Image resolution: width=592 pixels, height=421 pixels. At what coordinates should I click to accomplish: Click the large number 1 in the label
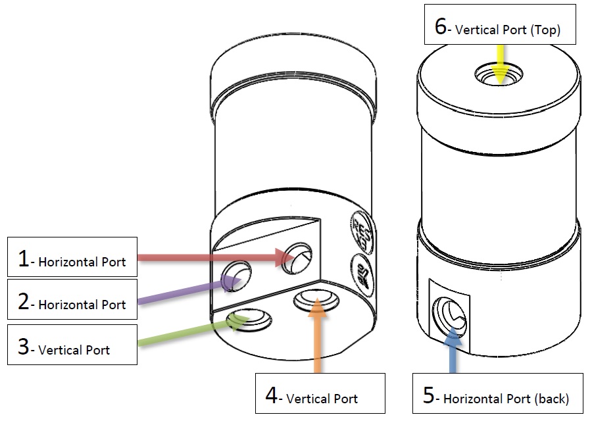pyautogui.click(x=24, y=259)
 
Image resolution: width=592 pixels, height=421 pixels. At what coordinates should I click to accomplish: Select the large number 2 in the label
pyautogui.click(x=24, y=303)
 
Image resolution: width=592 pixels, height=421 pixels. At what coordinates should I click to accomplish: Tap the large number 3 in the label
pyautogui.click(x=24, y=347)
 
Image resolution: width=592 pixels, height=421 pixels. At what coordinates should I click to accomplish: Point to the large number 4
pyautogui.click(x=272, y=396)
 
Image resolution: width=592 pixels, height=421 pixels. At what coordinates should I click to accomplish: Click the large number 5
pyautogui.click(x=429, y=396)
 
